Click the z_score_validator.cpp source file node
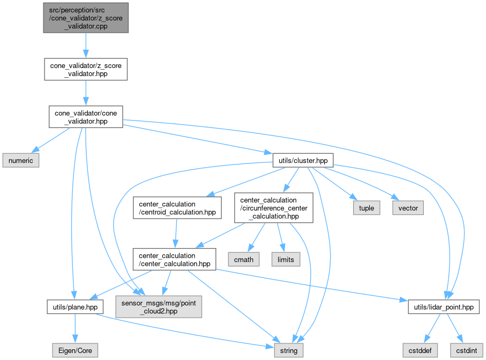click(x=85, y=18)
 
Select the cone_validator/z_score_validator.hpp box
click(x=86, y=70)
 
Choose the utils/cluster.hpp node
click(x=303, y=160)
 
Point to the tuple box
click(x=366, y=207)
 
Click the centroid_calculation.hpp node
click(x=177, y=207)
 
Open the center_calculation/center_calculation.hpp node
click(x=174, y=259)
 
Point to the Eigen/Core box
click(x=76, y=351)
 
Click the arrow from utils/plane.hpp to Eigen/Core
click(x=74, y=329)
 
